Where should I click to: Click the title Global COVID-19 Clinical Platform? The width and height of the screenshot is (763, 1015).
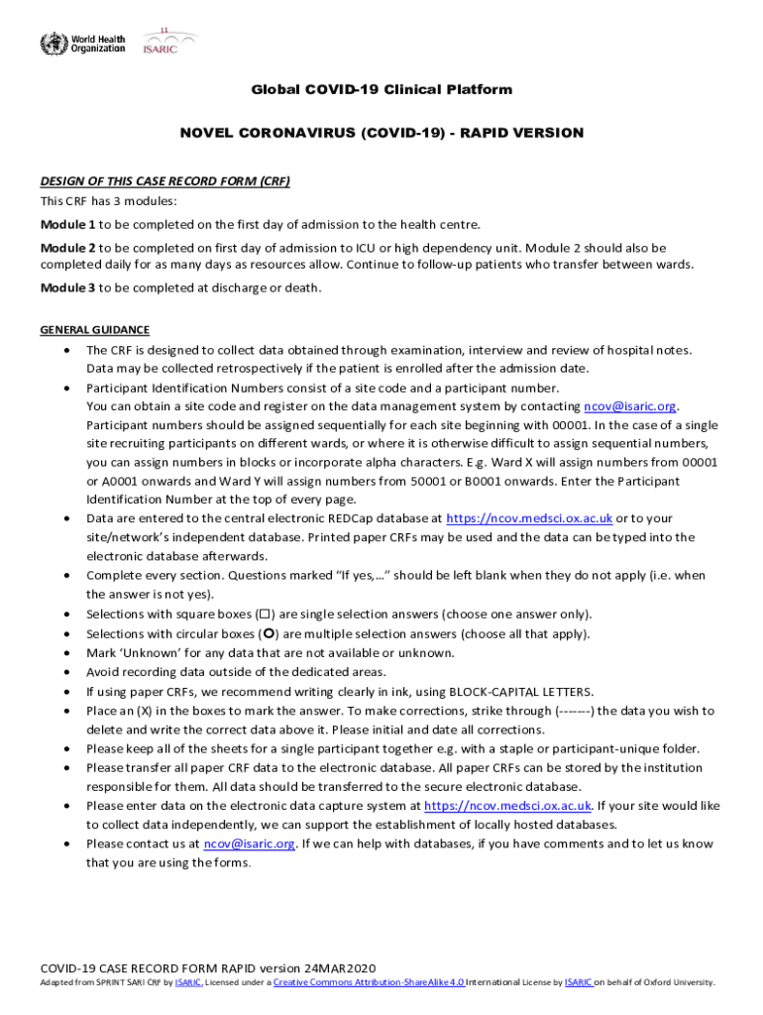[x=381, y=90]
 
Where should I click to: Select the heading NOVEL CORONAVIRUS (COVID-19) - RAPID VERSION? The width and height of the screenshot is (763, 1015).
[x=381, y=133]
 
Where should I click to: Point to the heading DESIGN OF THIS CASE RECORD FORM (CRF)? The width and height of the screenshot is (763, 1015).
[x=164, y=181]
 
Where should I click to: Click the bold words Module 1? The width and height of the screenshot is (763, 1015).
[x=68, y=224]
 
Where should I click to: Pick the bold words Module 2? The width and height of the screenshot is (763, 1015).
[x=68, y=247]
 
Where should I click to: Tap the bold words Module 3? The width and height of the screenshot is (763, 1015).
[x=68, y=287]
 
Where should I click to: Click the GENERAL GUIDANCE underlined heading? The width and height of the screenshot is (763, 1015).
[x=94, y=330]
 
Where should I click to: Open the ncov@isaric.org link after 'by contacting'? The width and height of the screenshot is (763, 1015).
[x=630, y=406]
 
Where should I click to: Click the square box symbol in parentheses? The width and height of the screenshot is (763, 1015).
[x=265, y=615]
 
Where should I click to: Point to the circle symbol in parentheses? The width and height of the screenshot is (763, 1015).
[x=268, y=634]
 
